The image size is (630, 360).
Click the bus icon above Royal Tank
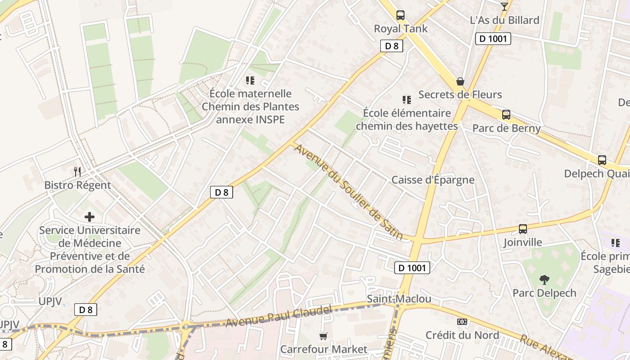tap(400, 15)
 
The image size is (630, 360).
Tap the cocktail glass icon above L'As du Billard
tap(504, 6)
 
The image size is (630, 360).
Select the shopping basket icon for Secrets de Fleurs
tap(460, 81)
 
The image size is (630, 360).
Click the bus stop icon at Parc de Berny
tap(506, 115)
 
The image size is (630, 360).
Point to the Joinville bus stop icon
tap(522, 229)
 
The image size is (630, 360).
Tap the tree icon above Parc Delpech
tap(544, 280)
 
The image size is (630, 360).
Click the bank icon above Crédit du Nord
tap(462, 322)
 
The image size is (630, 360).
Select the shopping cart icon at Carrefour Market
tap(323, 336)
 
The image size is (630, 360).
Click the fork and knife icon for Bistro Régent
tap(77, 171)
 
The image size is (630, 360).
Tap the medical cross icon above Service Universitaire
tap(90, 217)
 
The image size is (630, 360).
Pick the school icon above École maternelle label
tap(250, 81)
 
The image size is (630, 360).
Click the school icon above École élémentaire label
tap(407, 100)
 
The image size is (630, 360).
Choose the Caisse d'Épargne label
tap(432, 180)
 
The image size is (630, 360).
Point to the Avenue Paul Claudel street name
tap(279, 316)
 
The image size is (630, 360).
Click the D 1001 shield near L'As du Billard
tap(493, 39)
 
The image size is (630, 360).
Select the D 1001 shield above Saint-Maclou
tap(412, 268)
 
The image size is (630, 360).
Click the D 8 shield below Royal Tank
tap(391, 45)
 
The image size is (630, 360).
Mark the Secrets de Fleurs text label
tap(460, 94)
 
